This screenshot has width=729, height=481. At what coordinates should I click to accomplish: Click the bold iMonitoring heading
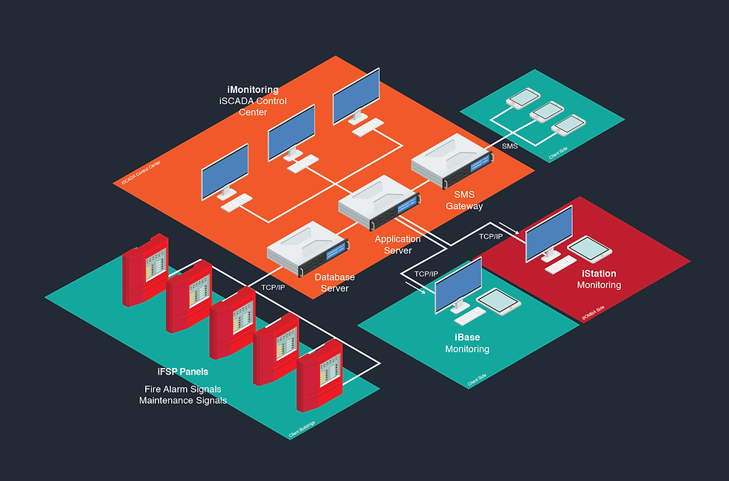(253, 90)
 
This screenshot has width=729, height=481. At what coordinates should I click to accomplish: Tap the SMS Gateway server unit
(452, 160)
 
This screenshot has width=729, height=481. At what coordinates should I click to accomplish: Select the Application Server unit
(379, 202)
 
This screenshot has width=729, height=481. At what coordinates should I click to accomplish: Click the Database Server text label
(335, 283)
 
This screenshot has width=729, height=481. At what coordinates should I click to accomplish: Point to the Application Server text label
(397, 245)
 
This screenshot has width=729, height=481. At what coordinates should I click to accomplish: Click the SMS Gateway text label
(464, 201)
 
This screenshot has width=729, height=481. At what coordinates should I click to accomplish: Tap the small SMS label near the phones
(510, 146)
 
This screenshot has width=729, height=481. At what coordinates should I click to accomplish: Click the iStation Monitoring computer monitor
(549, 233)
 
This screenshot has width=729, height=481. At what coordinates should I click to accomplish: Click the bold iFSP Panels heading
(183, 372)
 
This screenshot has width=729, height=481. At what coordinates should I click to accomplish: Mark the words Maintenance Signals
(183, 401)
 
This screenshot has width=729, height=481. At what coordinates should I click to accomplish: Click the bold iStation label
(599, 274)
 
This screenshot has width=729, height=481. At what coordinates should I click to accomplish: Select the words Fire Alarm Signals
(183, 389)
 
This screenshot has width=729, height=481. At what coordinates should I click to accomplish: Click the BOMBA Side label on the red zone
(593, 315)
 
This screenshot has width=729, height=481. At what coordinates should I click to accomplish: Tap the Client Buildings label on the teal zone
(302, 429)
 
